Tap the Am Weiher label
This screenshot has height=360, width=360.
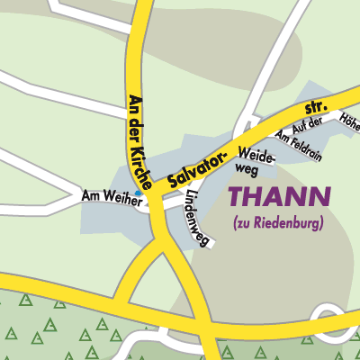point(112,197)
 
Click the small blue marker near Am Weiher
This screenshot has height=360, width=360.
point(138,192)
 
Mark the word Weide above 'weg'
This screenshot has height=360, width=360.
point(251,153)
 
